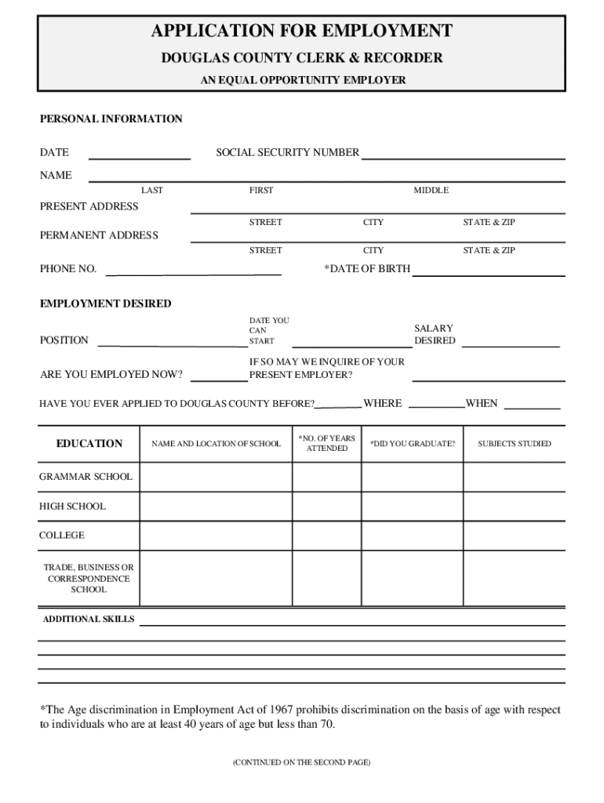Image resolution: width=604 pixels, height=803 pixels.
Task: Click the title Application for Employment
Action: click(302, 31)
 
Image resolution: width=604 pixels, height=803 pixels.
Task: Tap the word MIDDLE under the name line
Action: click(431, 191)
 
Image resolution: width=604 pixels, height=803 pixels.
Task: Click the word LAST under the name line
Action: click(152, 191)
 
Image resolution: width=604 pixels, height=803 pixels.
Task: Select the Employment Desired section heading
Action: click(106, 303)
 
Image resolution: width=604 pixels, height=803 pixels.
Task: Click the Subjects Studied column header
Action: click(515, 444)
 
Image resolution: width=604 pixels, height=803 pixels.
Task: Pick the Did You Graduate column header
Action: click(413, 444)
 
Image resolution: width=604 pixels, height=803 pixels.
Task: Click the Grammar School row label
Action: click(86, 477)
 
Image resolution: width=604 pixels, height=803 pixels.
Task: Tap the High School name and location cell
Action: click(216, 507)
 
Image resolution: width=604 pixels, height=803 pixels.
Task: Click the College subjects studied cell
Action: click(515, 536)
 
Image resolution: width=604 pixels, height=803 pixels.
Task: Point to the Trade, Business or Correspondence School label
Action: click(89, 578)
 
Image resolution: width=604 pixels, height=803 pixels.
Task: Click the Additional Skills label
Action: click(89, 620)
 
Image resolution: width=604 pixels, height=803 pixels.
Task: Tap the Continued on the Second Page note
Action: click(301, 762)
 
